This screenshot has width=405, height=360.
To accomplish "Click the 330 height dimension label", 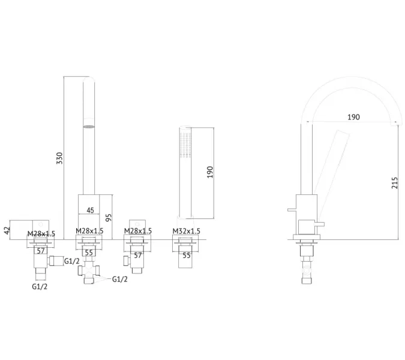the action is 59,158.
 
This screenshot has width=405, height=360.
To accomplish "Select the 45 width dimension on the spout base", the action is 90,210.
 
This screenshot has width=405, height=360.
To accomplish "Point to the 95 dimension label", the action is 109,217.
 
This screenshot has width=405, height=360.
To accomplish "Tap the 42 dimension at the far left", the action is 7,230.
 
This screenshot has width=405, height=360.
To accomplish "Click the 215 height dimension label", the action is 395,183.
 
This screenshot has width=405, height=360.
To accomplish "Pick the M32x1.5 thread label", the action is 186,231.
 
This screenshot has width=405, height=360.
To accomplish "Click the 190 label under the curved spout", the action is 353,117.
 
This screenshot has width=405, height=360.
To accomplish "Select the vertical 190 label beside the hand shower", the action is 210,172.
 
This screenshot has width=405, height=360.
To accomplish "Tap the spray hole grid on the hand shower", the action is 186,145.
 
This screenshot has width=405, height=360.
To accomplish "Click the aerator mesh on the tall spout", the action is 89,127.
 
